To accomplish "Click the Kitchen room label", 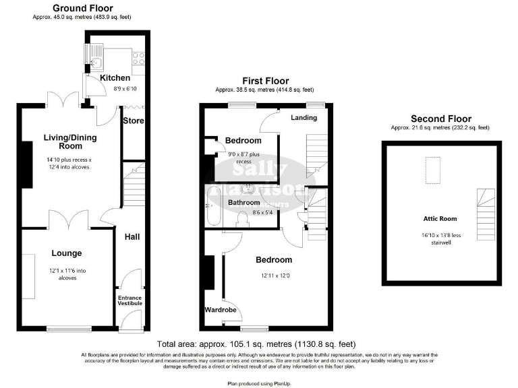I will (115, 78).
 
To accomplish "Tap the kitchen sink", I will (95, 63).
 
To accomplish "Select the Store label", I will (132, 121).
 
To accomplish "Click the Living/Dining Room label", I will (70, 142).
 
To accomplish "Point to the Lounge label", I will (67, 253).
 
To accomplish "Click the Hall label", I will (132, 236).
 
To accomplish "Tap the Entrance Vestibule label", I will (130, 300).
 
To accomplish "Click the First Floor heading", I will (264, 80).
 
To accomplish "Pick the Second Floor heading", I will (440, 119).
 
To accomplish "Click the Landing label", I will (304, 118).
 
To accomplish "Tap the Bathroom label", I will (243, 202).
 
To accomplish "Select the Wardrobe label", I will (219, 311).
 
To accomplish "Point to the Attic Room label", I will (440, 218).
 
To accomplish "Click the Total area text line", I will (258, 342).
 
